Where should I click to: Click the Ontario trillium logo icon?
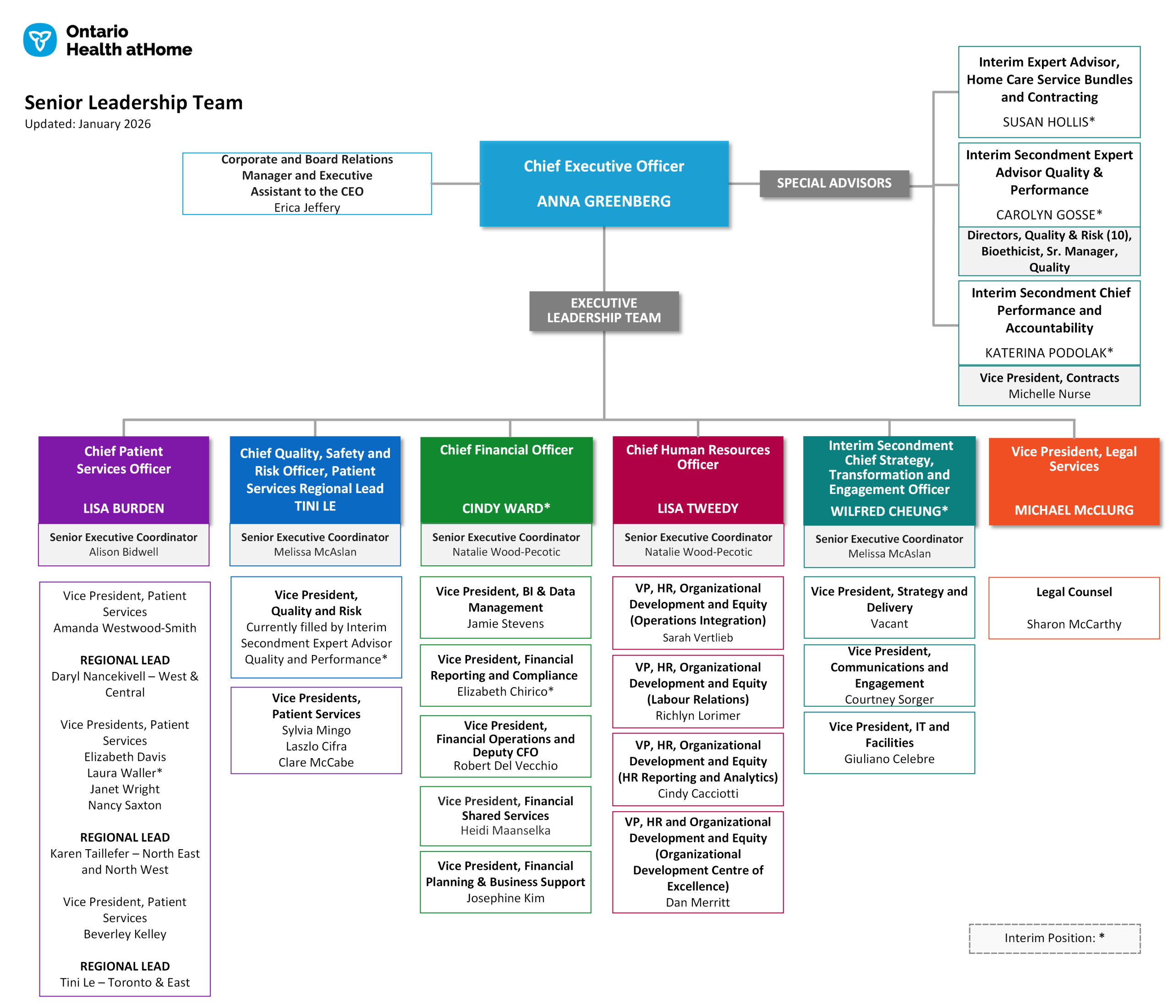click(x=39, y=40)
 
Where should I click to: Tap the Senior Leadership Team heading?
click(x=134, y=103)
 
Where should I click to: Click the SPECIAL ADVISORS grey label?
click(x=833, y=183)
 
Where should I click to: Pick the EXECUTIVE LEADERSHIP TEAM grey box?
click(x=603, y=310)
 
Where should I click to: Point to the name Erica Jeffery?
click(x=307, y=208)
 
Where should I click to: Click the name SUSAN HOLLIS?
click(x=1048, y=122)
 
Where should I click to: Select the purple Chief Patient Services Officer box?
click(x=123, y=479)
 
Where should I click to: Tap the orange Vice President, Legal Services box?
click(x=1074, y=481)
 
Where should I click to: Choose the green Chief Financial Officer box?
click(x=506, y=479)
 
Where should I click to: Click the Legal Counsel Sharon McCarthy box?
click(x=1074, y=608)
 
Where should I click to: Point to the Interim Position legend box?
click(x=1054, y=938)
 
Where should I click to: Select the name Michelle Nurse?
click(x=1049, y=394)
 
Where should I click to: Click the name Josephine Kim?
click(x=505, y=898)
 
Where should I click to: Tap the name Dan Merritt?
click(x=697, y=902)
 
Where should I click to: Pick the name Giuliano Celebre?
click(x=889, y=759)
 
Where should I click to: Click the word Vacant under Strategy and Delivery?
click(x=889, y=623)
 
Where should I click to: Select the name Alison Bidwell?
click(x=123, y=552)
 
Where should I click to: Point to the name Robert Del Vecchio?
click(x=505, y=765)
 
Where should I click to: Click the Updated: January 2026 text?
click(x=88, y=124)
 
